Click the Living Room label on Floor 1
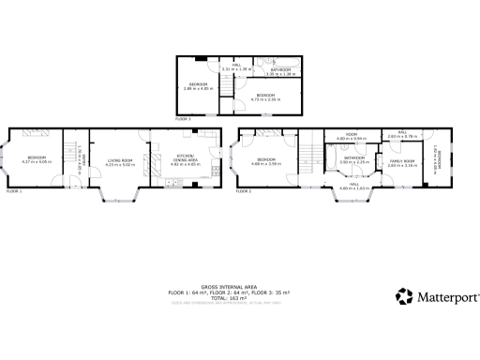click(118, 160)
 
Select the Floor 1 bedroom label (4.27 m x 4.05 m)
click(37, 158)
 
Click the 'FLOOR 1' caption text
click(13, 190)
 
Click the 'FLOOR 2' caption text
click(244, 190)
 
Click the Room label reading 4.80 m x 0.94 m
click(352, 137)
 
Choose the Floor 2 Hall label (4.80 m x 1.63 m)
click(353, 186)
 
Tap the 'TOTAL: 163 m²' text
click(230, 297)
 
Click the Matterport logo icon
click(405, 297)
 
